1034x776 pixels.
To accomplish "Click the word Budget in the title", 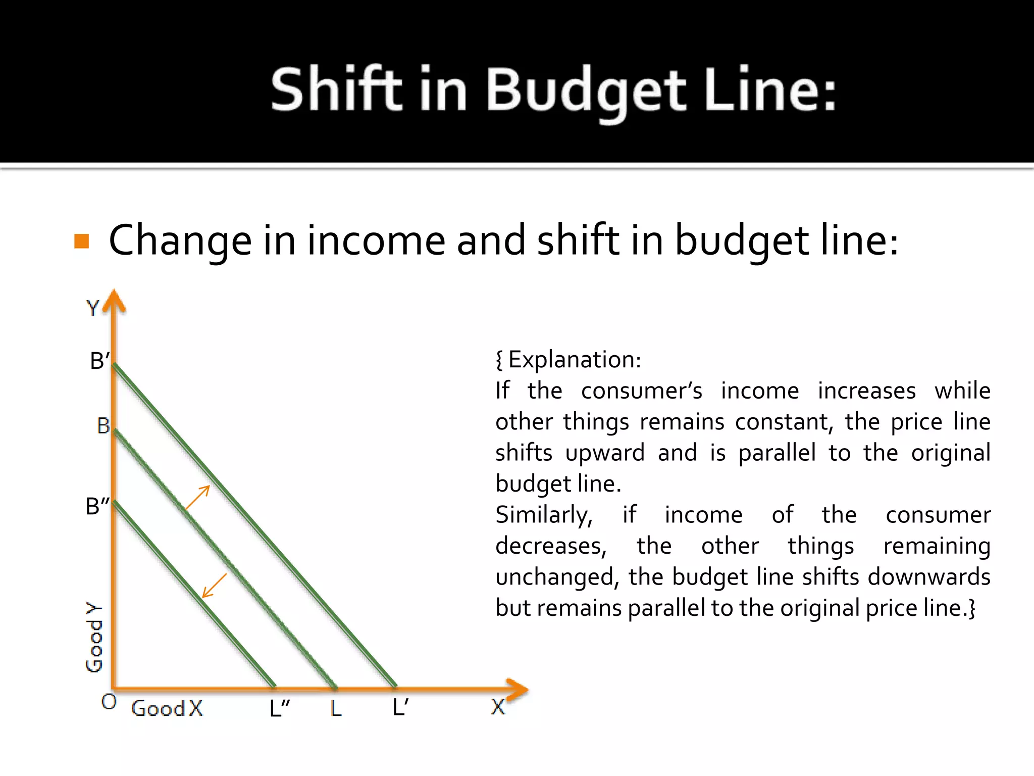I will (x=586, y=90).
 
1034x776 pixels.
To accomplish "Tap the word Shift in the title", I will (x=336, y=90).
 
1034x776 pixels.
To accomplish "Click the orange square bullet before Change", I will (x=82, y=241).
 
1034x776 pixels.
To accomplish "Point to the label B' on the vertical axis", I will (x=99, y=361).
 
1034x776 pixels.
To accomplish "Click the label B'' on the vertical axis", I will (x=97, y=506).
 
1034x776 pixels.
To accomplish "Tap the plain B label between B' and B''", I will (x=103, y=426).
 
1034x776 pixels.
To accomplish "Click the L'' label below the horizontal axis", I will (x=279, y=708).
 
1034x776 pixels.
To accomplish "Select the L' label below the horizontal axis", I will (x=400, y=707).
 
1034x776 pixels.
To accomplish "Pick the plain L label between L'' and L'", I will (x=336, y=709).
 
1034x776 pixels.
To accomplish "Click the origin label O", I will (x=109, y=702).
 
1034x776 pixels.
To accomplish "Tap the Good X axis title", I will (x=167, y=708).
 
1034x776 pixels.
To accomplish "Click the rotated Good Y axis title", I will (x=94, y=638).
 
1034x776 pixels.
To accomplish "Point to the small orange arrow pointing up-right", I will (x=198, y=497).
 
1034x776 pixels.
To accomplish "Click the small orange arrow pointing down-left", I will (x=214, y=586).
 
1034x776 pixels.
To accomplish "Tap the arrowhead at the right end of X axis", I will (x=518, y=690).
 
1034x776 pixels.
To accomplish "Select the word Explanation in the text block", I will (x=574, y=360).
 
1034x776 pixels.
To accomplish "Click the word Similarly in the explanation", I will (x=544, y=515).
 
